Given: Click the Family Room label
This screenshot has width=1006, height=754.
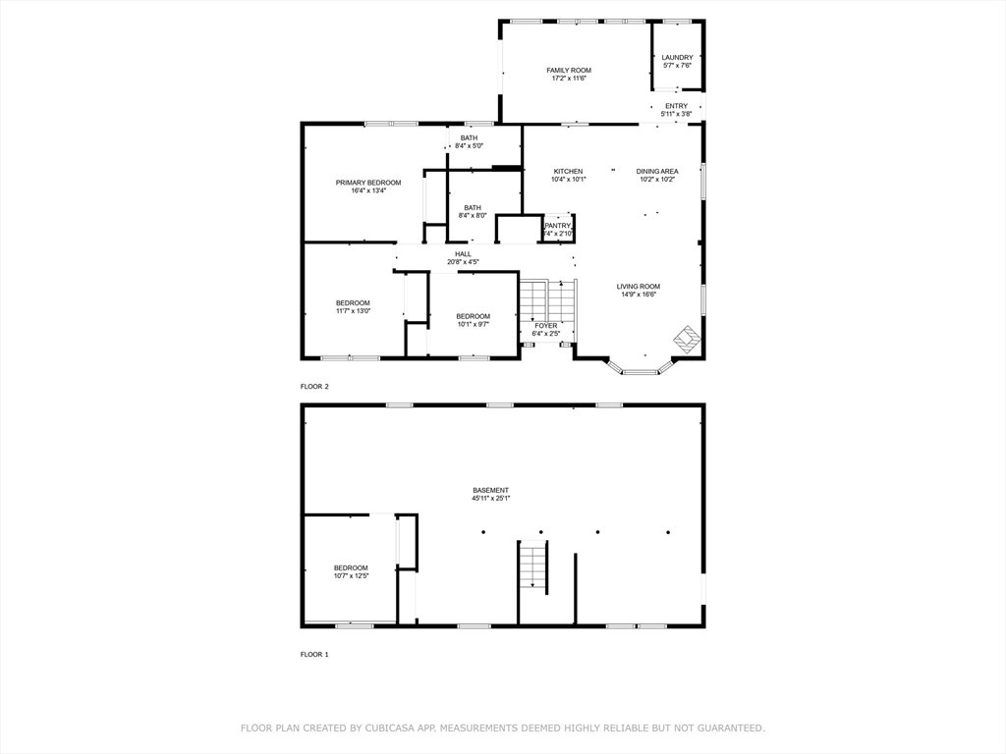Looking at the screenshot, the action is point(569,71).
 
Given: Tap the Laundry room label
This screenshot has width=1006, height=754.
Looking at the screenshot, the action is point(677,58).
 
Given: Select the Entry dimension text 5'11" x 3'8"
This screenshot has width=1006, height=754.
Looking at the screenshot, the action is point(676,114).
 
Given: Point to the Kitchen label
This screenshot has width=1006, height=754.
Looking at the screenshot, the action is point(569,172).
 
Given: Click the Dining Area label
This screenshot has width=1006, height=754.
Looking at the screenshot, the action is point(657,172).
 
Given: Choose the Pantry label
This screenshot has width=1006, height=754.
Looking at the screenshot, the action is point(558,227).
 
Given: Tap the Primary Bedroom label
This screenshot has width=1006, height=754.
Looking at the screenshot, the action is point(368,183).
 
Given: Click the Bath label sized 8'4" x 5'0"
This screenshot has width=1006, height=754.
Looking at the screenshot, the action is point(469,138).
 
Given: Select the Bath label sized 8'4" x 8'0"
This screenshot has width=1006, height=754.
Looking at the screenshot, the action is point(473,208).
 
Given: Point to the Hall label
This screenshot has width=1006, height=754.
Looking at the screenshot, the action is point(464,254).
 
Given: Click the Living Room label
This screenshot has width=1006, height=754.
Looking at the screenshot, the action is point(639,287).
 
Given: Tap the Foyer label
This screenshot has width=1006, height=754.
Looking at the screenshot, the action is point(546,326).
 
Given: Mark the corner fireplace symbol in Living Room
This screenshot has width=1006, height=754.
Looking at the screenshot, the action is point(686,338).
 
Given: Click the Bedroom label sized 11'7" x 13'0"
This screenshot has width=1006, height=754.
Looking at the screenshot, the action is point(353,303).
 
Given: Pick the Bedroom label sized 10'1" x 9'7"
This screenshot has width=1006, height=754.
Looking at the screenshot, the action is point(474,317).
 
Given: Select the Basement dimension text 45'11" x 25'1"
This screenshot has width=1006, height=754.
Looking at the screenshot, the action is point(491,498).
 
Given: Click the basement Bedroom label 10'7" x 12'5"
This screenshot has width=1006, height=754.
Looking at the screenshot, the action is point(351,568).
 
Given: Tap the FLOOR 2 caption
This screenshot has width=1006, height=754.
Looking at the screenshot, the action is point(314,387).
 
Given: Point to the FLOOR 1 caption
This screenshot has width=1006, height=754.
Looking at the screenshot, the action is point(314,655).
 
